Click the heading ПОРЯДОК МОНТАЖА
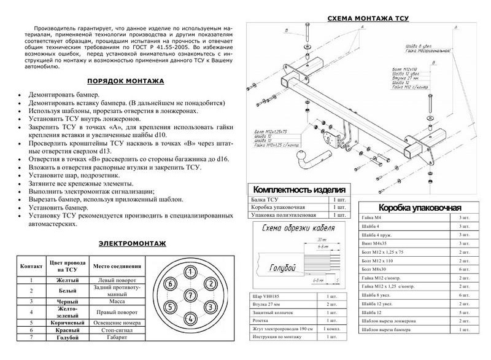[x=125, y=80]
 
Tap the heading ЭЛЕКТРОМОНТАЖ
[x=132, y=244]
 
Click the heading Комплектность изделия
[x=299, y=189]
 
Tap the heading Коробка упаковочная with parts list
[x=420, y=207]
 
